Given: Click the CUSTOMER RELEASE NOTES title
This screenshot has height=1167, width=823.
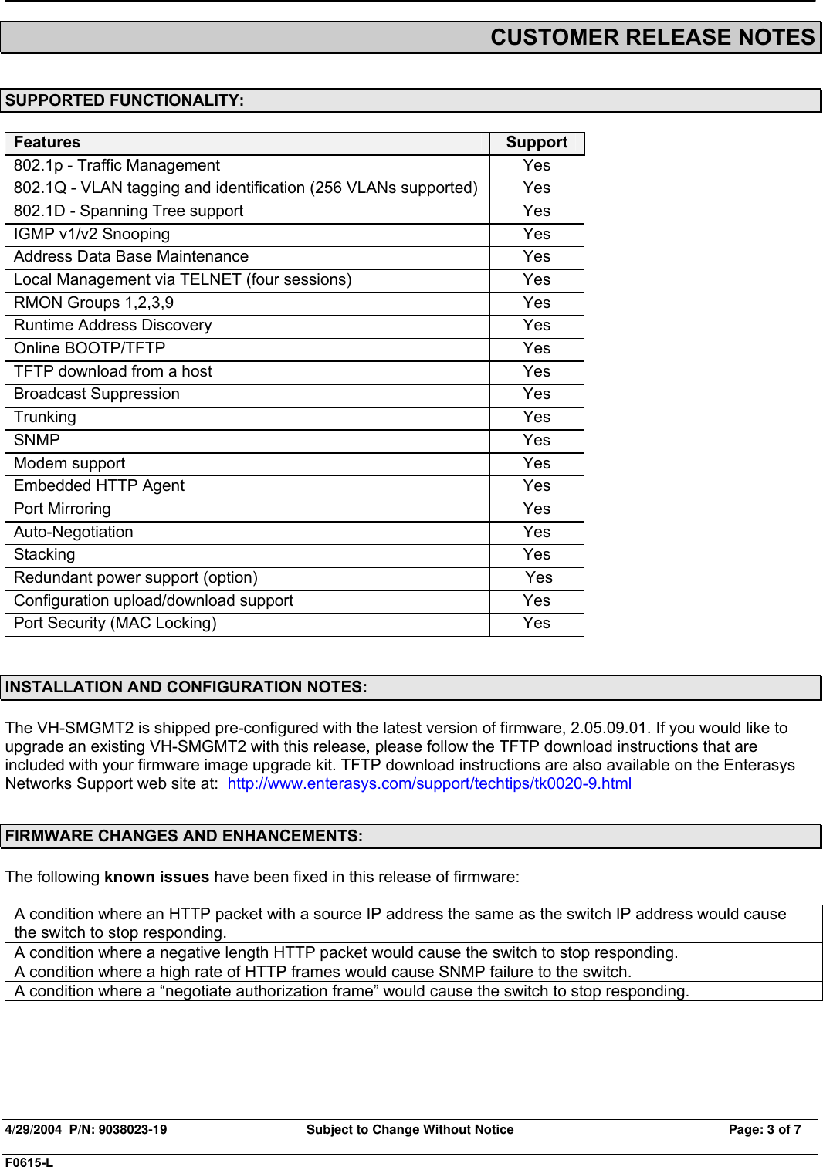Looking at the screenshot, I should click(652, 37).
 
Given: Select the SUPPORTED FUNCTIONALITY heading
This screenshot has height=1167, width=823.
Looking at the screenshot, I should click(124, 100).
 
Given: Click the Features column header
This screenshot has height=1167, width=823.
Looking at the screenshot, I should click(47, 143).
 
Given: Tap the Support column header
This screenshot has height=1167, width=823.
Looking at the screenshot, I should click(537, 143).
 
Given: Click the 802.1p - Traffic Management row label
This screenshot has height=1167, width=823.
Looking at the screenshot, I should click(117, 166).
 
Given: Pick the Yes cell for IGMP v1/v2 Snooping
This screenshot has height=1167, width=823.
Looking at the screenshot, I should click(537, 235).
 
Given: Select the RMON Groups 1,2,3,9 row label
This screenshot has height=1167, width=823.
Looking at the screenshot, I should click(93, 303).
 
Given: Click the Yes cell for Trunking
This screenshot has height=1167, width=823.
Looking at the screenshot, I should click(537, 418).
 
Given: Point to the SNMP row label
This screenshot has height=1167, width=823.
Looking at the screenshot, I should click(36, 441).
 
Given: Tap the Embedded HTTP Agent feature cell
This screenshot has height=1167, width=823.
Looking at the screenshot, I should click(99, 486).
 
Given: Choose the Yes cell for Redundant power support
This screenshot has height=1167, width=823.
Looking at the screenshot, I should click(539, 578).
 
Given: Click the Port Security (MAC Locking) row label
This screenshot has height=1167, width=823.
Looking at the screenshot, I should click(115, 624).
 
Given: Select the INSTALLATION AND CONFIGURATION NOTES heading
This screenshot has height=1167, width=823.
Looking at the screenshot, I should click(186, 687).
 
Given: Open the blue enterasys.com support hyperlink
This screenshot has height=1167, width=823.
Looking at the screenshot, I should click(429, 783).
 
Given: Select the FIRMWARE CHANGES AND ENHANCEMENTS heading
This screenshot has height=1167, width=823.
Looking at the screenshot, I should click(184, 836).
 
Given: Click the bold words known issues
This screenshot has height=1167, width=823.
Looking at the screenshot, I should click(157, 877).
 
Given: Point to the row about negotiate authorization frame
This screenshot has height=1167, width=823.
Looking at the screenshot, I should click(351, 991).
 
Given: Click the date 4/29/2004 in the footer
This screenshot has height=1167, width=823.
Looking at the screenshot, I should click(33, 1129).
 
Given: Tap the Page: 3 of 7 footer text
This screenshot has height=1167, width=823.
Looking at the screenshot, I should click(764, 1129).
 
